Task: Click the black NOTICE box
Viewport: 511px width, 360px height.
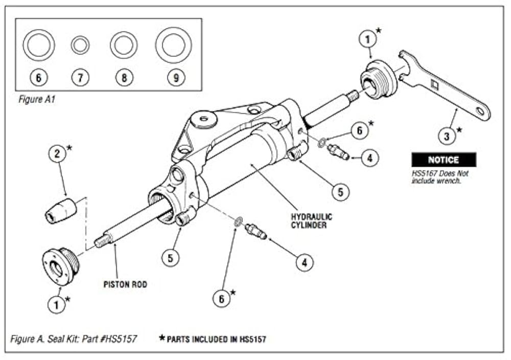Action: coord(444,160)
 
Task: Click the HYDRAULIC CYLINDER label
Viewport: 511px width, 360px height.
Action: coord(311,220)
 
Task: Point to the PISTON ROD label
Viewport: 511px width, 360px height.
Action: coord(125,284)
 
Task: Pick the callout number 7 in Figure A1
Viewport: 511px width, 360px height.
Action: coord(80,78)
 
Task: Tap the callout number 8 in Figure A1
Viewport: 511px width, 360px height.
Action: coord(124,78)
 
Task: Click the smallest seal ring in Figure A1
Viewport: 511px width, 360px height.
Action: coord(80,46)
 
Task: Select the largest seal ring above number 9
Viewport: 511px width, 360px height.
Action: coord(173,46)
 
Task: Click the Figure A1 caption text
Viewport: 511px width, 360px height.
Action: coord(37,100)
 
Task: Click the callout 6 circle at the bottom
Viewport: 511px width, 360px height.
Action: coord(222,299)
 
